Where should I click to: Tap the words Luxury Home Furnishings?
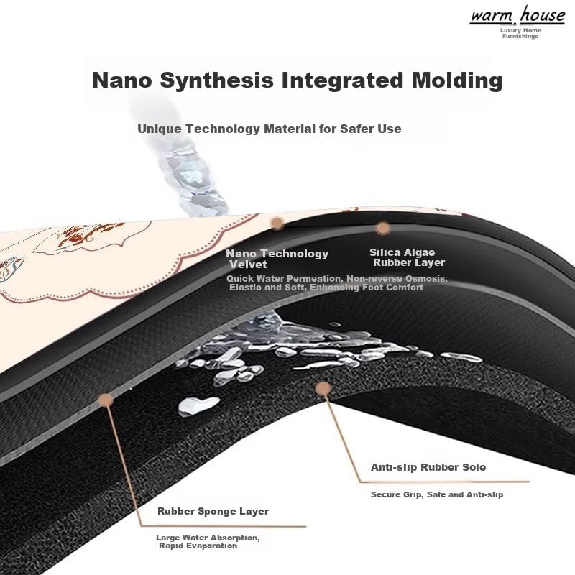520,33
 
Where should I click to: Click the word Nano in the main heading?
120,80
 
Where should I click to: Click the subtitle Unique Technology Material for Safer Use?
269,129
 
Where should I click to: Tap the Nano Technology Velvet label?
277,259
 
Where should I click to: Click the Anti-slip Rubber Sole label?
428,467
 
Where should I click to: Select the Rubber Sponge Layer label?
213,512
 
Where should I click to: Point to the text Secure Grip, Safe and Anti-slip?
437,494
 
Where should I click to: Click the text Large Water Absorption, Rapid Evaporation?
208,541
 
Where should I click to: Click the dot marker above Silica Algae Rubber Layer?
383,228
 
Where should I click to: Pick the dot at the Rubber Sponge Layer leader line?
106,400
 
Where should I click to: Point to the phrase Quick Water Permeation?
285,278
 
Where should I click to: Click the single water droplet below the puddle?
189,406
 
